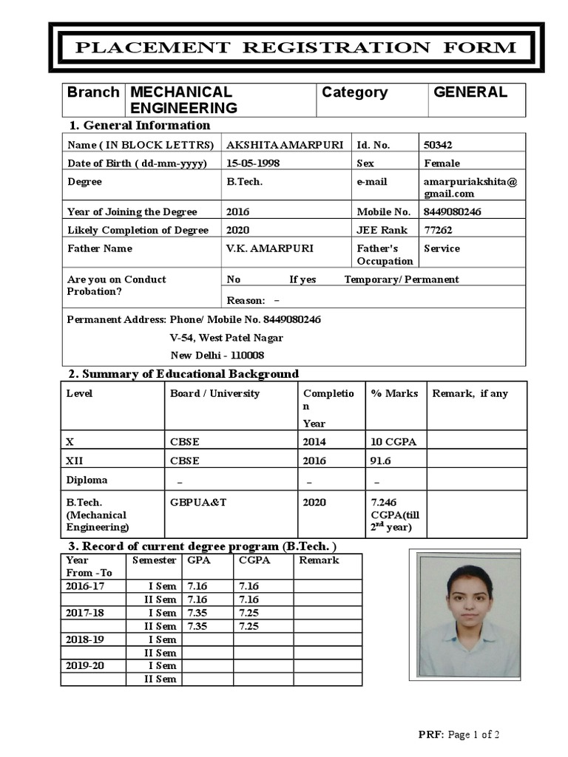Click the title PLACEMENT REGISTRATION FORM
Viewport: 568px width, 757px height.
click(x=297, y=48)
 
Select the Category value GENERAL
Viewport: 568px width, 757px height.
click(x=470, y=92)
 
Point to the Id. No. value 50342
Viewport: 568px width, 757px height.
click(x=437, y=145)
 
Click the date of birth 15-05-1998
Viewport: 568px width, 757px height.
click(x=253, y=163)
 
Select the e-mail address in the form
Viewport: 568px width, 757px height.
click(x=470, y=188)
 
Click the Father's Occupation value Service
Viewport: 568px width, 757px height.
click(x=442, y=248)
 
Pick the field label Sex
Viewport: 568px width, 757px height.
click(x=365, y=163)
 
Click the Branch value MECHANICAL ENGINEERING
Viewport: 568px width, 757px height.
click(x=183, y=100)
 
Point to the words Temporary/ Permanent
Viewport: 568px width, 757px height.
click(x=401, y=279)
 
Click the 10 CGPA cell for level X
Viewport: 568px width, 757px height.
click(x=393, y=441)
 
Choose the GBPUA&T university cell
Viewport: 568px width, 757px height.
click(x=197, y=502)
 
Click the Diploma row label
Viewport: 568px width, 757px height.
click(x=87, y=480)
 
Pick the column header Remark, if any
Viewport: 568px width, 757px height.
click(x=470, y=393)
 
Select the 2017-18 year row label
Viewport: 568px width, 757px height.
click(x=84, y=613)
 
